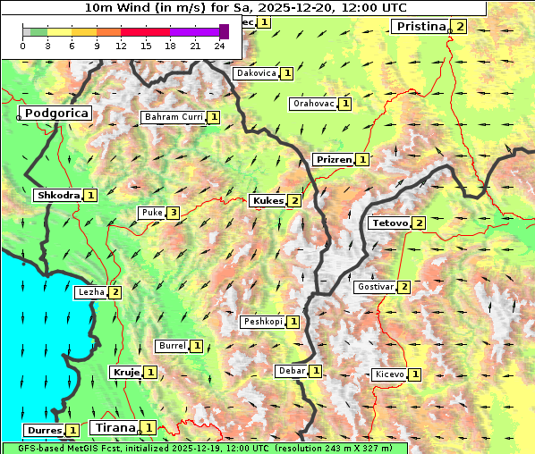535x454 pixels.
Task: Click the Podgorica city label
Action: (x=55, y=113)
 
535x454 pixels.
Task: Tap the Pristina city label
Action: (x=420, y=27)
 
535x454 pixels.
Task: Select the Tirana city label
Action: (x=114, y=428)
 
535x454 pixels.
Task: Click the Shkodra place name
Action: (x=58, y=195)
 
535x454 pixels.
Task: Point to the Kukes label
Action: (x=267, y=201)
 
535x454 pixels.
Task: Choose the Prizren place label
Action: (x=333, y=160)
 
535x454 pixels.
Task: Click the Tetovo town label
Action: (x=389, y=223)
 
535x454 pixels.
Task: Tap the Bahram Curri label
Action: (x=174, y=117)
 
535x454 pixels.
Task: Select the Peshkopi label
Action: (x=263, y=322)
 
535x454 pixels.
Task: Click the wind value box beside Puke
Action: (x=173, y=213)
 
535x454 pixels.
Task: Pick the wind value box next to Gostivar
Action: (x=404, y=287)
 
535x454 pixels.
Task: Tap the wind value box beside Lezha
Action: (x=115, y=291)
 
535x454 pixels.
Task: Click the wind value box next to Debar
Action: (x=316, y=371)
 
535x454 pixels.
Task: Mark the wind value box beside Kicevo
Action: (x=415, y=374)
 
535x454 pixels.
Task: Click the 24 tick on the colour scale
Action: (x=219, y=46)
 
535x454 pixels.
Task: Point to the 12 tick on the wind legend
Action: (x=121, y=46)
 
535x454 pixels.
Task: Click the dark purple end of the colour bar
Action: (x=224, y=32)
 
